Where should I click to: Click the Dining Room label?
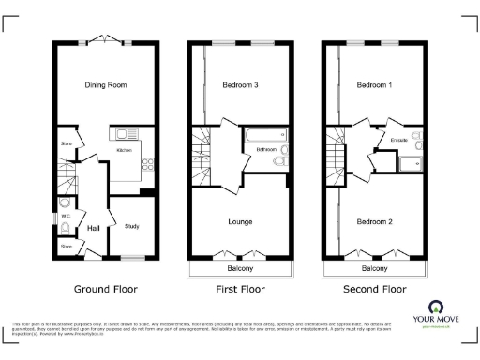(x=106, y=85)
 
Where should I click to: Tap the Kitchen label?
(x=124, y=150)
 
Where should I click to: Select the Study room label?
(x=132, y=225)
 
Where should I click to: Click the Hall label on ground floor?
(x=94, y=228)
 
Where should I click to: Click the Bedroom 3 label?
(x=242, y=85)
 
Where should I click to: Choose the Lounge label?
(x=241, y=221)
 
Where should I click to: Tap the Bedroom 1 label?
(x=375, y=85)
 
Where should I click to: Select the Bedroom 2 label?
(x=375, y=221)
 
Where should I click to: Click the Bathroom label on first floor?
(x=265, y=149)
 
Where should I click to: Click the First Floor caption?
(x=240, y=290)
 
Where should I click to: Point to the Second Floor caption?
(x=375, y=290)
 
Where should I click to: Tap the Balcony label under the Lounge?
(x=240, y=268)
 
